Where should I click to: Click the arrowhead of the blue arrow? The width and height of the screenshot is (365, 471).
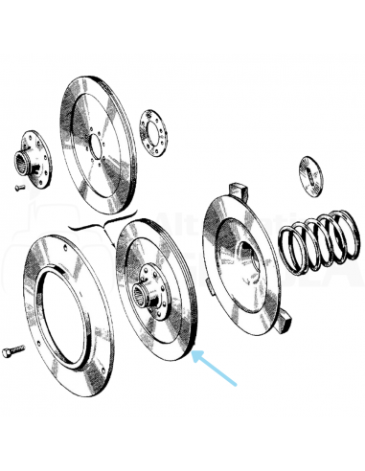click(x=195, y=355)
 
